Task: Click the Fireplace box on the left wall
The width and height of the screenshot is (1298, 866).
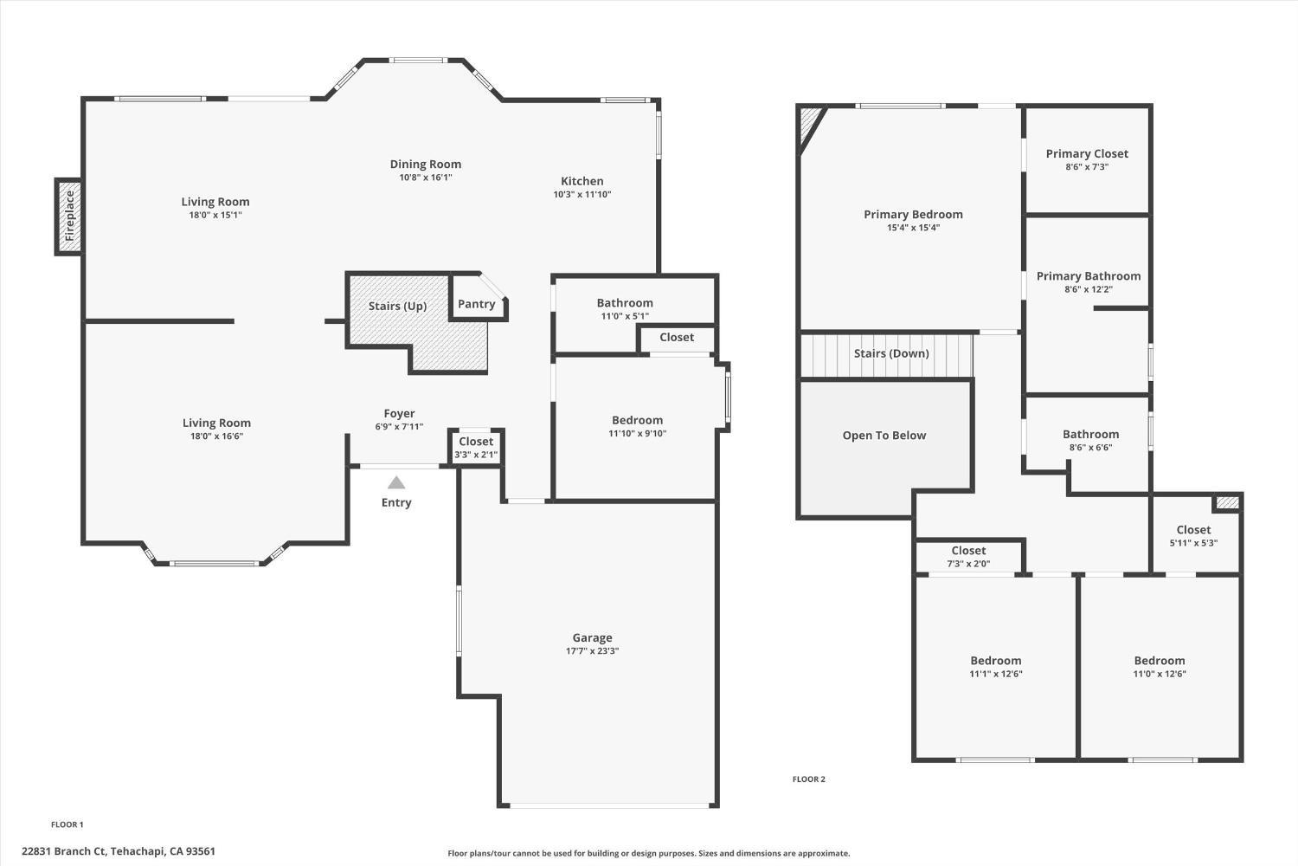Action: pos(70,216)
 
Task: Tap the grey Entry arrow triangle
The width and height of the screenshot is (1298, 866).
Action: pos(396,482)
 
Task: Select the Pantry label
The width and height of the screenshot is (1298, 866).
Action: pos(476,304)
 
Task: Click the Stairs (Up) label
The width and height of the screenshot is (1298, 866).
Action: pos(397,306)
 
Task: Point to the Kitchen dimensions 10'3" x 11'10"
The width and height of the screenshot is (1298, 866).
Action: pos(582,195)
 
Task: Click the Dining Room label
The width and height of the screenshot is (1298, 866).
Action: pos(425,164)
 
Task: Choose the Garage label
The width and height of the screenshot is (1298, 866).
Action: pos(592,637)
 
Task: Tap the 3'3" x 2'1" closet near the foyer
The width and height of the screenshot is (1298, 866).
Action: pos(476,448)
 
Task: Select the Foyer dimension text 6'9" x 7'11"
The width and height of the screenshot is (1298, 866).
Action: pos(399,427)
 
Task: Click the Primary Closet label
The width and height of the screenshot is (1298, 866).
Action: pos(1087,153)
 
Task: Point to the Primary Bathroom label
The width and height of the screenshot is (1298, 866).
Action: pos(1089,275)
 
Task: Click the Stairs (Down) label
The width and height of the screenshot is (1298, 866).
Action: pos(890,353)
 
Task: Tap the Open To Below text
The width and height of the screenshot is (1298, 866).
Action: pos(884,436)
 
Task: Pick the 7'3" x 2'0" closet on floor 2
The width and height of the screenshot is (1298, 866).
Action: pos(968,556)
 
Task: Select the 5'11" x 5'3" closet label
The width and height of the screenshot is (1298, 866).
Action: pos(1193,536)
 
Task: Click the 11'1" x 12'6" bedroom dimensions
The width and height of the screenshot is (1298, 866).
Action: pos(995,674)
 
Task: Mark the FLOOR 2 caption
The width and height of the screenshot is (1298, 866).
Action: pos(808,779)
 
